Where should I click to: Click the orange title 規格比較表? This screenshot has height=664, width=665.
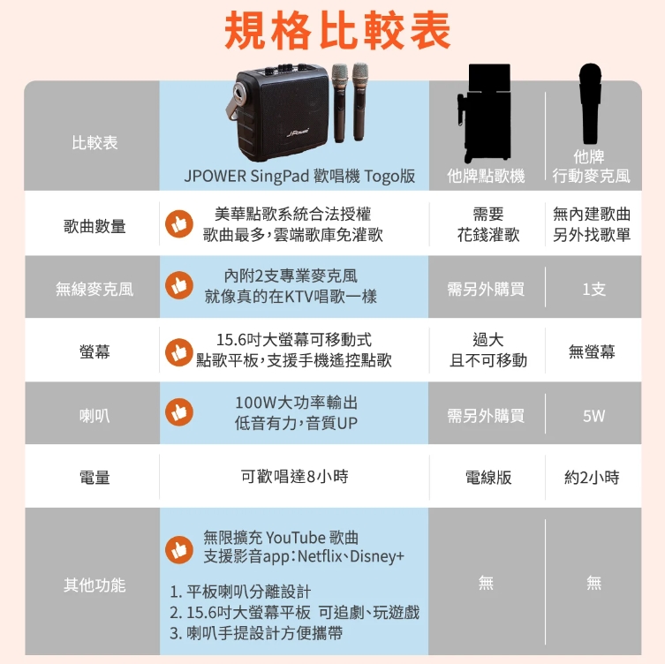[x=337, y=30]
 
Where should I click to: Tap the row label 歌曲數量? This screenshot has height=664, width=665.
[x=94, y=226]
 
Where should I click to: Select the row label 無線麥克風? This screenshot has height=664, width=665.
[x=94, y=289]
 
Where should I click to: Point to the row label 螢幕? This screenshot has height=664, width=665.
[x=94, y=351]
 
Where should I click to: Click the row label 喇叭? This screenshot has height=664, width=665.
[x=94, y=416]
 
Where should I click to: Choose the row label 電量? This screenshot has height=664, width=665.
[x=94, y=478]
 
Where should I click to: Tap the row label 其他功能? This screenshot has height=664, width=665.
[x=94, y=585]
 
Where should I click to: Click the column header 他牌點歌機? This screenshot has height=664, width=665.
[x=486, y=176]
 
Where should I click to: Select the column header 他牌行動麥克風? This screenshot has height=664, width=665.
[x=591, y=166]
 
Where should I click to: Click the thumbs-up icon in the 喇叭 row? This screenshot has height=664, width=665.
[x=179, y=412]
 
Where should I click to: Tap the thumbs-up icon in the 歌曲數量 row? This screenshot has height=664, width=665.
[x=179, y=224]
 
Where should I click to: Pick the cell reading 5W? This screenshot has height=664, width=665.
[x=593, y=416]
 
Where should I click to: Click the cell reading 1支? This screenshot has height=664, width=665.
[x=593, y=289]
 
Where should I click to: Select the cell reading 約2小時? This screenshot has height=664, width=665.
[x=592, y=478]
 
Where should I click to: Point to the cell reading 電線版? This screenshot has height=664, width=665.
[x=488, y=478]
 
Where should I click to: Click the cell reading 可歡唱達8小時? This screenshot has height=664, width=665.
[x=295, y=477]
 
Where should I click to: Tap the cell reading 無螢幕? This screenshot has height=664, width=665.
[x=592, y=351]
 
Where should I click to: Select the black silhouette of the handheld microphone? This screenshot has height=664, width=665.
[x=590, y=104]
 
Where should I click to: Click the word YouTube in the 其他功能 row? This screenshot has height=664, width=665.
[x=296, y=538]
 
